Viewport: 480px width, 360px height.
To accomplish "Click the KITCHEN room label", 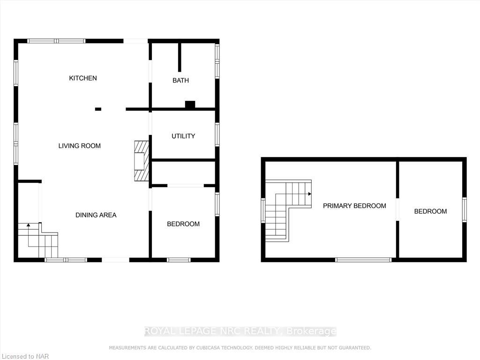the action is coord(83,78).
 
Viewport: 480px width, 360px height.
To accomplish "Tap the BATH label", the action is coord(180,80).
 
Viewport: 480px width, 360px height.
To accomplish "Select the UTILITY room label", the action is coord(183,136).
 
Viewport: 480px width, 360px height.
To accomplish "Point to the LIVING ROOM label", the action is coord(80,146).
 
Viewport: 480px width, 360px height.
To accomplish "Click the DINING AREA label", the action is coord(96,215).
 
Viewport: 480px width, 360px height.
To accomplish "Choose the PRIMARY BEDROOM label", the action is coord(354,206).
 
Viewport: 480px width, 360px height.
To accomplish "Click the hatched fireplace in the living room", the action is coord(142,161).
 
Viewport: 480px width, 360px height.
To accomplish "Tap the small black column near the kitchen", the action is coord(98,109).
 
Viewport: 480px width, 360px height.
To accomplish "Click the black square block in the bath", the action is coord(190,105).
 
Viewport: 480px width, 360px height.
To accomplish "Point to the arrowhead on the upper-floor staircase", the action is coord(310,194).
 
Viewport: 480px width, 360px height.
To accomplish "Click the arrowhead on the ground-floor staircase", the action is coord(29,225).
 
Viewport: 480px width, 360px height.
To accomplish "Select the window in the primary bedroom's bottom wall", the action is coord(363,260).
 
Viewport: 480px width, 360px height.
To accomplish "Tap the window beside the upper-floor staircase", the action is coord(263,210).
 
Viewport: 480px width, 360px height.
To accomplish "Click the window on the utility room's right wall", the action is coord(217,135).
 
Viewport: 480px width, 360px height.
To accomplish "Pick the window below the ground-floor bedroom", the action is coord(179,260).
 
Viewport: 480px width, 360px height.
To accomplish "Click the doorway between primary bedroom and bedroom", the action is coord(397,210).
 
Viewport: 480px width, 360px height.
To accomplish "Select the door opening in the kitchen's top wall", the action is coord(135,41).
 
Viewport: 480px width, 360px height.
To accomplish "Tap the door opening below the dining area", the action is coord(115,260).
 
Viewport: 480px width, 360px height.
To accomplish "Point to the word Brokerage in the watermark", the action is coord(311,331).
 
